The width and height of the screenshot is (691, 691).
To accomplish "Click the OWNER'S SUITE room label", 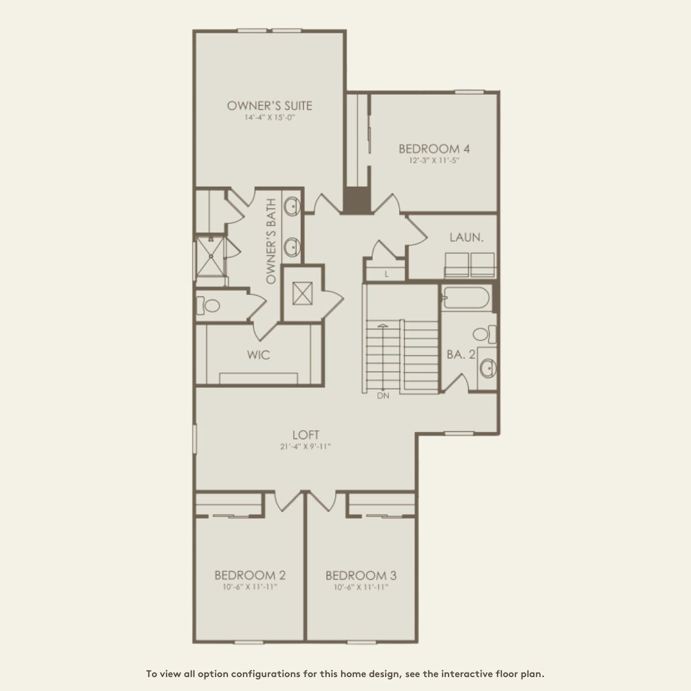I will tap(269, 105).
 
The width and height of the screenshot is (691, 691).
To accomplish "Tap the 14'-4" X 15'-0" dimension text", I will tap(269, 118).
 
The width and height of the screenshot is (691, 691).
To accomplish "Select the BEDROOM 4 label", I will tap(434, 149).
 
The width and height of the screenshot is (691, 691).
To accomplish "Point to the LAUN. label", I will tap(466, 237).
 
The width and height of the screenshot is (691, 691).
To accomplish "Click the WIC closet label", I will tap(259, 354).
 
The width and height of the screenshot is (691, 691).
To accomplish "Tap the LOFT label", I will tap(306, 435).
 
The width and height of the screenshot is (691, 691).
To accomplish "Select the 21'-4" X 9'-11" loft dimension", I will tap(306, 446).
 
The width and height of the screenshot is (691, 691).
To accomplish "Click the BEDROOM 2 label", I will tap(250, 575).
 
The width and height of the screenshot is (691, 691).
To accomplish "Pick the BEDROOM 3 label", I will tap(361, 575).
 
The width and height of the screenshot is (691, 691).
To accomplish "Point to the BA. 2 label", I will tap(461, 354).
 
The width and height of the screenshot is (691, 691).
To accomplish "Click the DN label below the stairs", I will tap(383, 396).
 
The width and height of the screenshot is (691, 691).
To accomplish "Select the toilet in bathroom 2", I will tap(483, 334).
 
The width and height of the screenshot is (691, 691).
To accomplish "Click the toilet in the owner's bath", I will tap(209, 305).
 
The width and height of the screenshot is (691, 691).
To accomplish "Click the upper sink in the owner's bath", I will tap(291, 206).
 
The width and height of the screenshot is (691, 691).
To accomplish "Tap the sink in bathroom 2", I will tap(488, 368).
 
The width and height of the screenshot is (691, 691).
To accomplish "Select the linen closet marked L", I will tap(386, 274).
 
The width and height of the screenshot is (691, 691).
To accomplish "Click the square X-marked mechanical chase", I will tap(303, 293).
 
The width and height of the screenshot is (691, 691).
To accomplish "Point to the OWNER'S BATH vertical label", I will tap(271, 241).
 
